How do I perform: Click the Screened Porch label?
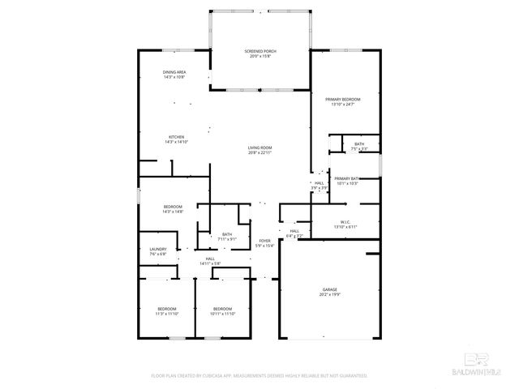pos(260,51)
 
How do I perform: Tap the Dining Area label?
pos(174,72)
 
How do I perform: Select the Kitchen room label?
pos(176,136)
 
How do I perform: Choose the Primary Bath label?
pos(346,178)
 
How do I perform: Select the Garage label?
pos(328,289)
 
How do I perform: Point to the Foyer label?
pos(264,241)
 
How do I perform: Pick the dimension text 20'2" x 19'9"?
pos(328,295)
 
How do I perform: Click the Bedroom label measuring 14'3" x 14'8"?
pos(173,206)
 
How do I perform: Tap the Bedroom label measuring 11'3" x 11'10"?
pos(166,309)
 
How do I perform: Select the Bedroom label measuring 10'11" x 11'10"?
pos(223,309)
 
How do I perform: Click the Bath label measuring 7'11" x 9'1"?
pos(227,234)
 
